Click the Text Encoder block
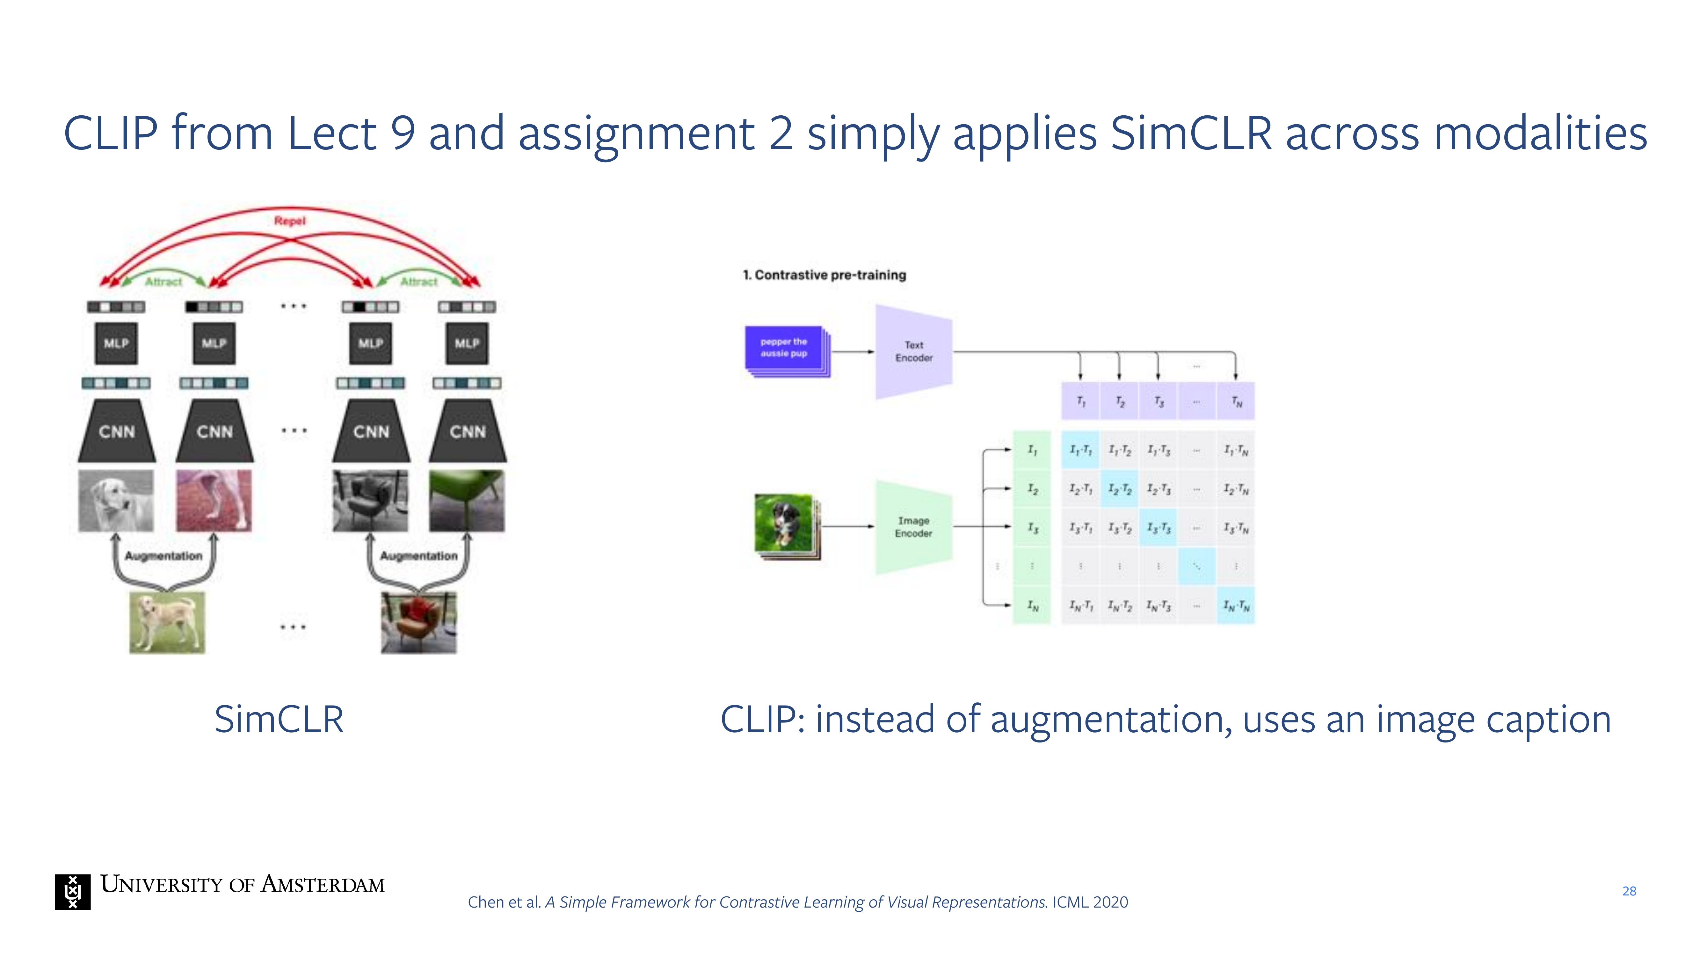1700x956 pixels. pyautogui.click(x=913, y=352)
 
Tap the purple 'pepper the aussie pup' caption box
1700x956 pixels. pyautogui.click(x=784, y=348)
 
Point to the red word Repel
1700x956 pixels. pyautogui.click(x=290, y=221)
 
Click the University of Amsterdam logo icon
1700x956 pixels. pyautogui.click(x=73, y=892)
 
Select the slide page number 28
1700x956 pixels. pyautogui.click(x=1629, y=891)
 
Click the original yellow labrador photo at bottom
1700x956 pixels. pyautogui.click(x=167, y=622)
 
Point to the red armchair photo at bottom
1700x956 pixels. pyautogui.click(x=418, y=622)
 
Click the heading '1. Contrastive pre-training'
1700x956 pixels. pyautogui.click(x=824, y=275)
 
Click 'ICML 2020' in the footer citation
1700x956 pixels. pyautogui.click(x=1090, y=902)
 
